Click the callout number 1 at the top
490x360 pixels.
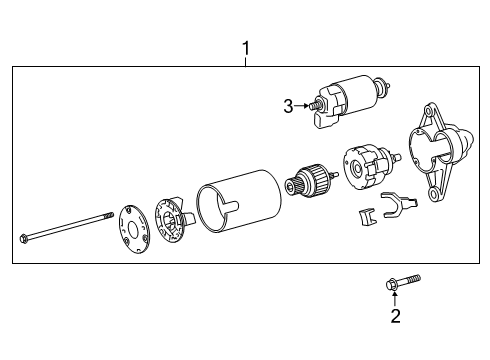pos(245,48)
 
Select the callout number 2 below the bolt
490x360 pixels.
pos(396,318)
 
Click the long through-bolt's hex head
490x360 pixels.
pos(24,237)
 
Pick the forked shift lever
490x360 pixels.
pos(397,205)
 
